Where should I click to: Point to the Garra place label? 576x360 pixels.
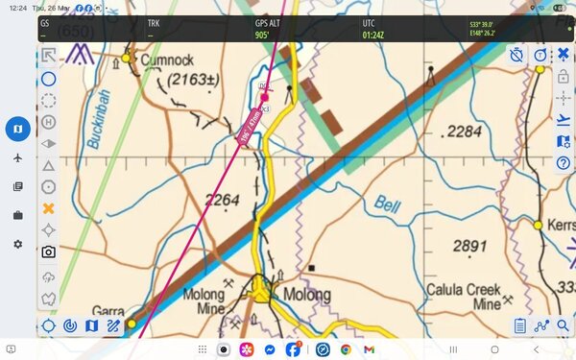(108, 311)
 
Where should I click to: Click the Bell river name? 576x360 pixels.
(387, 204)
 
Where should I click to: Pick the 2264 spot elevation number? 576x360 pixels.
(222, 200)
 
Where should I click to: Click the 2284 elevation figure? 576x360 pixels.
(465, 130)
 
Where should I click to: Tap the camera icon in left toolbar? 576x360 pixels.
(48, 252)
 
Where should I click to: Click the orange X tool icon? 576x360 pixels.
(48, 207)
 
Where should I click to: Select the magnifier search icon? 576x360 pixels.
(564, 326)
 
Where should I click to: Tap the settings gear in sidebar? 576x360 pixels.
(17, 245)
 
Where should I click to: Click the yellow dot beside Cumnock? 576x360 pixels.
(126, 59)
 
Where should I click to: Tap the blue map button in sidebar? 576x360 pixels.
(17, 128)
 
